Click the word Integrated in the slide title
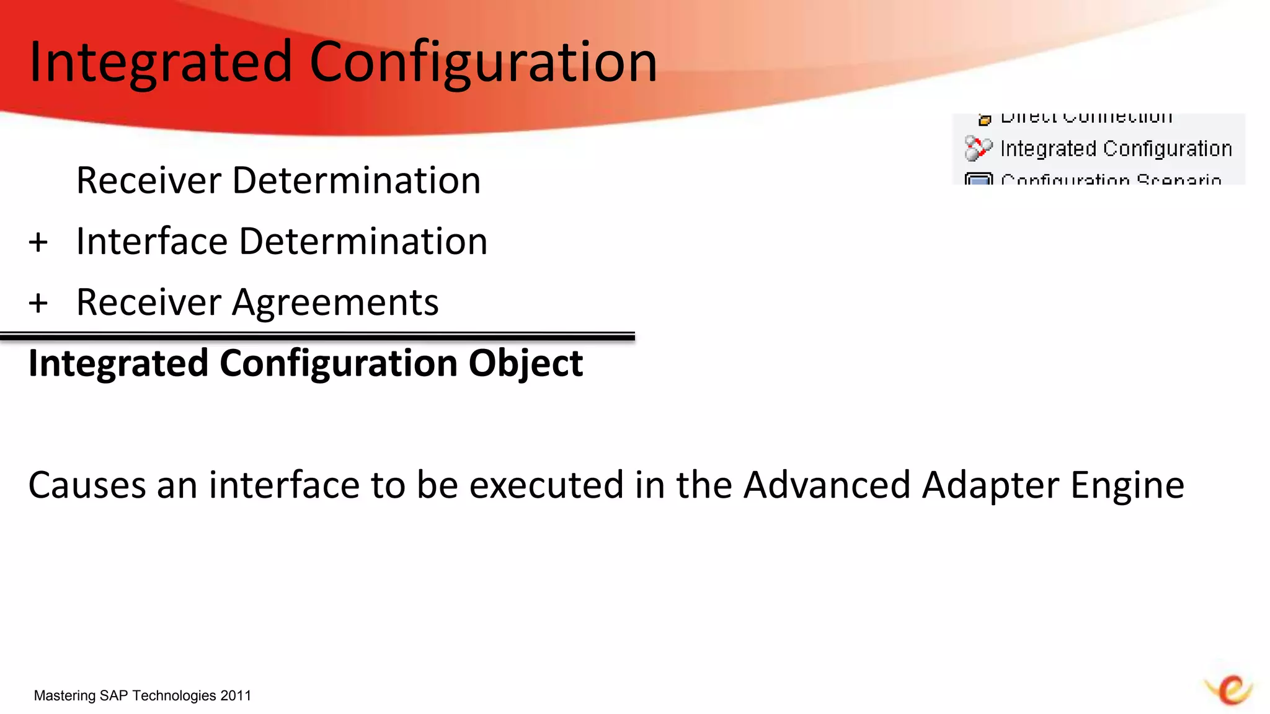click(160, 62)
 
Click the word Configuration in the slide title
click(482, 62)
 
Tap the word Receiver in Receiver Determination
click(148, 180)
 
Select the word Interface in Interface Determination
click(151, 241)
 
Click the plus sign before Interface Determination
click(38, 242)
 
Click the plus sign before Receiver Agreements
click(38, 303)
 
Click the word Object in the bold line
click(525, 363)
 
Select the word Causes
click(87, 485)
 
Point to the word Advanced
click(827, 485)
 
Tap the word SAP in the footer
click(113, 695)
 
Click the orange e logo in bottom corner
click(1230, 689)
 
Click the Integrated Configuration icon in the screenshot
click(978, 149)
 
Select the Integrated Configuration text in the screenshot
click(1116, 149)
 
